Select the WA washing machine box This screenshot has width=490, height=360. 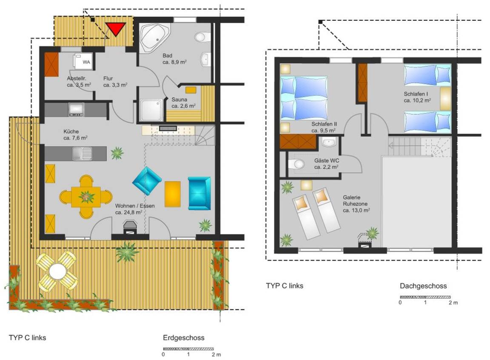[83, 60]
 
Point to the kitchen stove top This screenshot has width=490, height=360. [76, 109]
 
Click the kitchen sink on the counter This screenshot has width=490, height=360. [82, 153]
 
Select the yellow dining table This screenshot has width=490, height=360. [86, 197]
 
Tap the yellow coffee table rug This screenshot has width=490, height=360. [173, 194]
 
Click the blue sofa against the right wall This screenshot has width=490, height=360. [199, 193]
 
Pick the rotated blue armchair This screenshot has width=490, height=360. [147, 181]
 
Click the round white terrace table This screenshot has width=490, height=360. [57, 271]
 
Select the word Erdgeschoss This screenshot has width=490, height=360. [184, 337]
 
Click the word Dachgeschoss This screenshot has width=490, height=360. [423, 286]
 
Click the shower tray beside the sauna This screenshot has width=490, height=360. [151, 110]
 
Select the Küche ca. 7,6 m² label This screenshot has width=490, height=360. [75, 135]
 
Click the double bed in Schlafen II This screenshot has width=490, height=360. [304, 98]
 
